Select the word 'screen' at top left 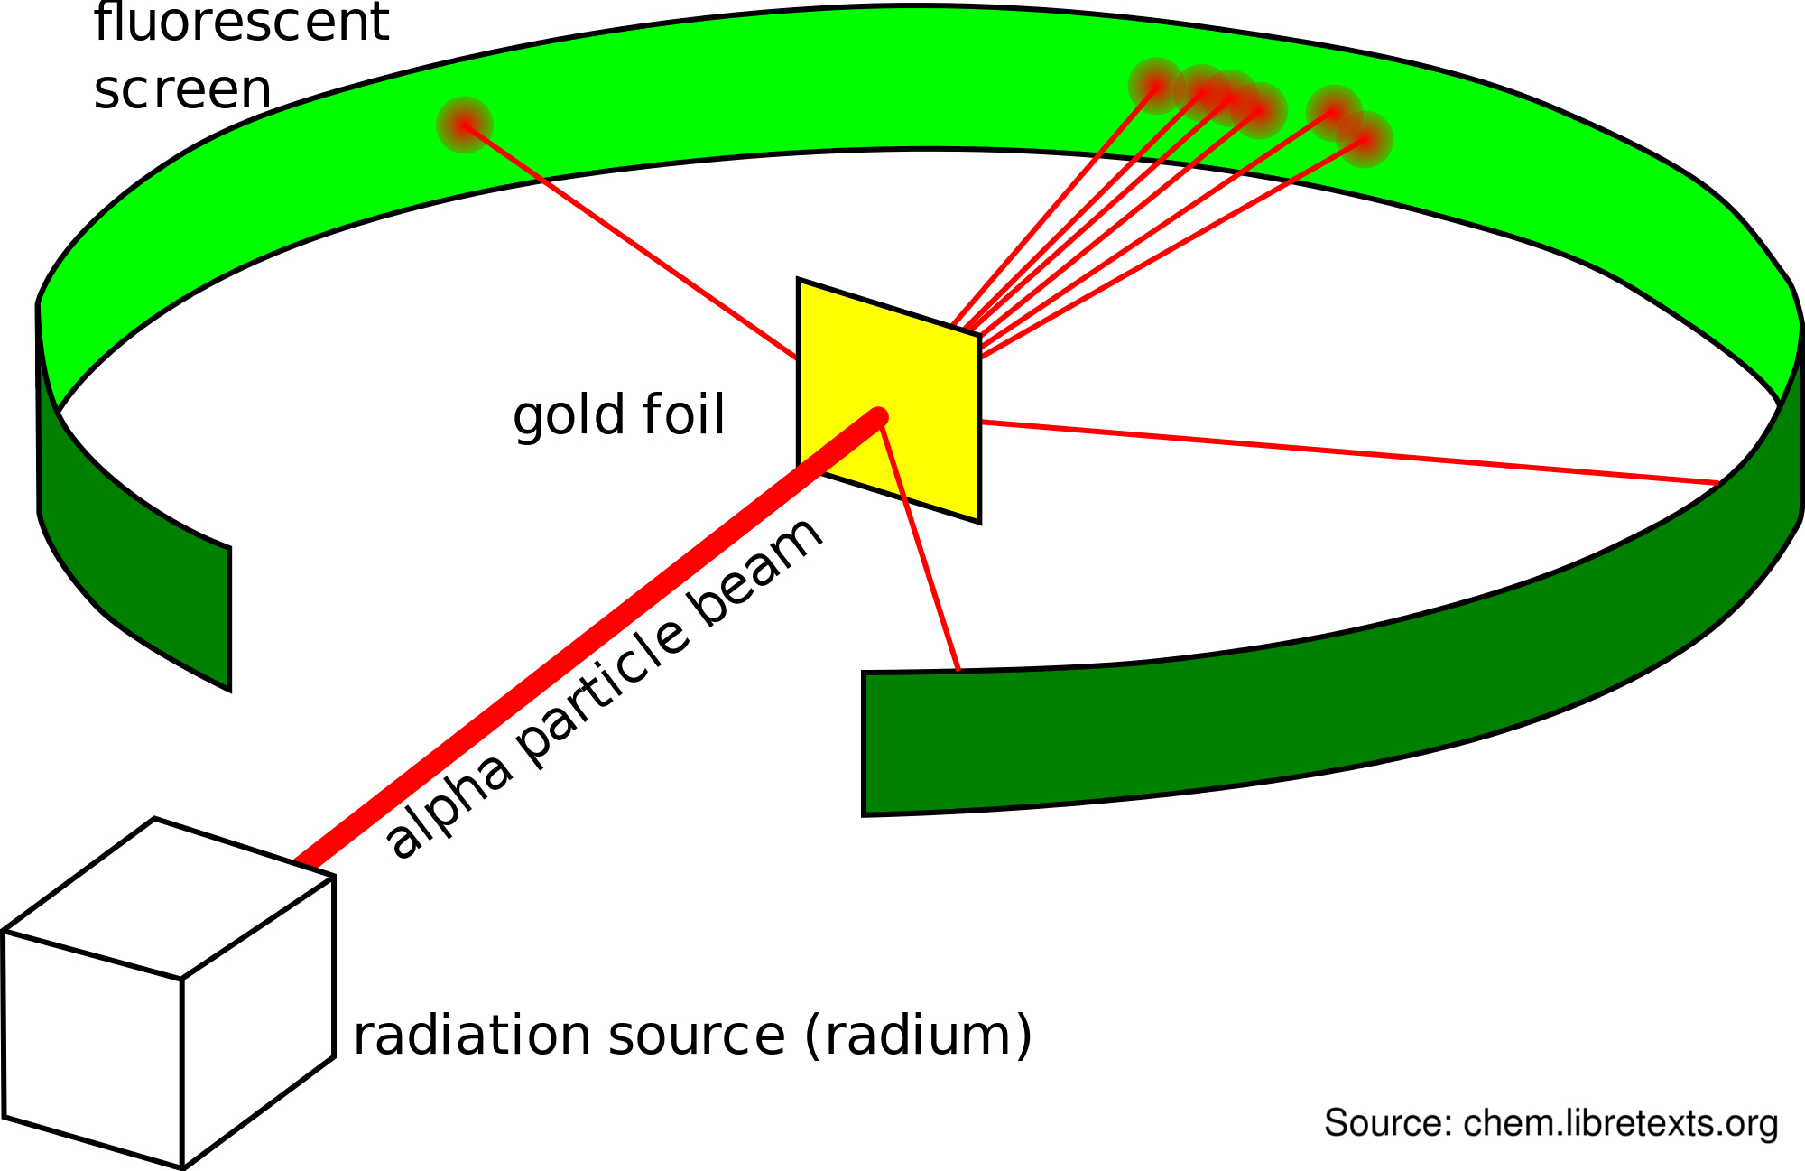[x=182, y=90]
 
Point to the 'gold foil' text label [x=619, y=415]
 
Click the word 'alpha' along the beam [x=449, y=806]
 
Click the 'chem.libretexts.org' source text [x=1620, y=1123]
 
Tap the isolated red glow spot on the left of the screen [x=464, y=125]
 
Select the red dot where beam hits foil [x=878, y=417]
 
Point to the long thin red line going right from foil [x=1354, y=452]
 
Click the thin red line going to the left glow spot [x=632, y=242]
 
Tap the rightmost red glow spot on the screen [x=1365, y=139]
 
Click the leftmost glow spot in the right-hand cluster [x=1155, y=86]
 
